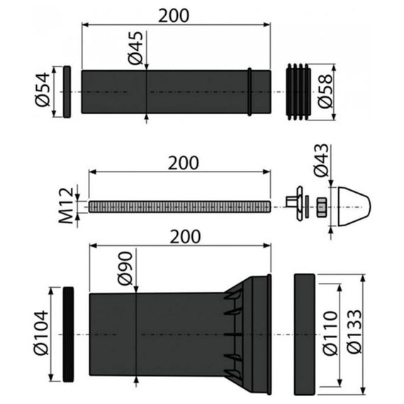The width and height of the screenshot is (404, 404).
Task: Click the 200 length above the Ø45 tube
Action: pyautogui.click(x=174, y=15)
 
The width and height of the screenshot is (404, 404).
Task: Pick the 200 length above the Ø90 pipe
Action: pyautogui.click(x=180, y=235)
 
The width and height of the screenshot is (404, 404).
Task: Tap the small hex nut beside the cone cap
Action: pyautogui.click(x=320, y=206)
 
